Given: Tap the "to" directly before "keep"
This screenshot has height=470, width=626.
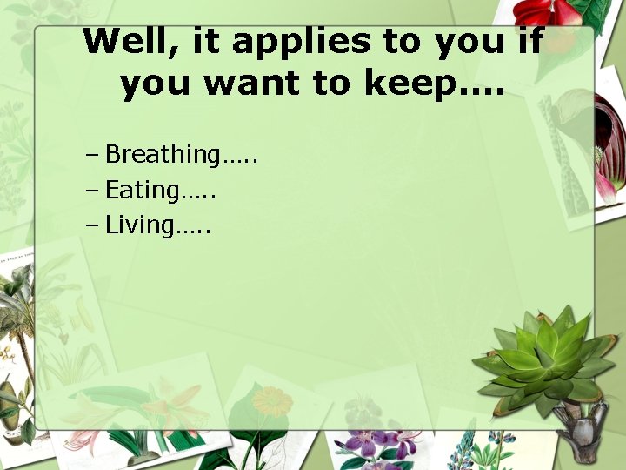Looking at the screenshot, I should [336, 84].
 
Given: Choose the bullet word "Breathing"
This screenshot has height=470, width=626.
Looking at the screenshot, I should [163, 155].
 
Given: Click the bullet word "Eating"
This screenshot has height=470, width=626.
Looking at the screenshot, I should [143, 190].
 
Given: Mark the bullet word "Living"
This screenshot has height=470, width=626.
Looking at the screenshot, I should [139, 225].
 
